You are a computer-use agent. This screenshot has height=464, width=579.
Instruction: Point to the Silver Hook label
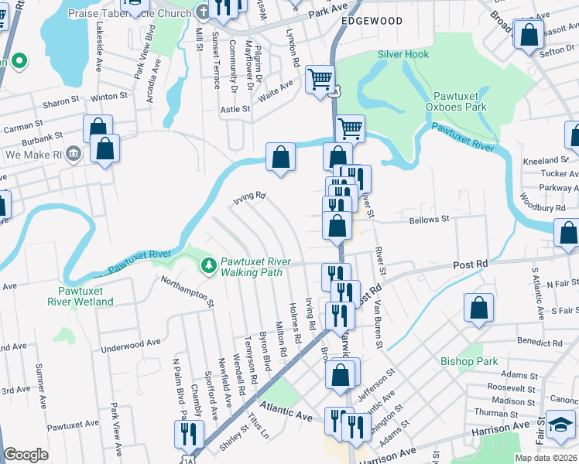[403, 55]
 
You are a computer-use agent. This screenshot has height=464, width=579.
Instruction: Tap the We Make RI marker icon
[74, 153]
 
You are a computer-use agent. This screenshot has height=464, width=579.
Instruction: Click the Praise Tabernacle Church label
[129, 13]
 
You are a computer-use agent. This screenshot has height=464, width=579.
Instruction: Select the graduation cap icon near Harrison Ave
[561, 425]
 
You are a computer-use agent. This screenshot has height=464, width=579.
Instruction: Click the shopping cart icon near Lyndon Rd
[320, 80]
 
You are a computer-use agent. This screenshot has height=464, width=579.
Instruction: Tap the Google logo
[26, 455]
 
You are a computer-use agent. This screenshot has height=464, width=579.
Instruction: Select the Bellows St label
[429, 220]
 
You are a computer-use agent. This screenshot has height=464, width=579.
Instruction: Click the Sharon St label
[61, 101]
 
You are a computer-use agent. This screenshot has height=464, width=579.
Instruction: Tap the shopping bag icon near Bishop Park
[479, 309]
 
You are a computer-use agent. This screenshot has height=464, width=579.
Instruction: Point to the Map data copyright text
[546, 458]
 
